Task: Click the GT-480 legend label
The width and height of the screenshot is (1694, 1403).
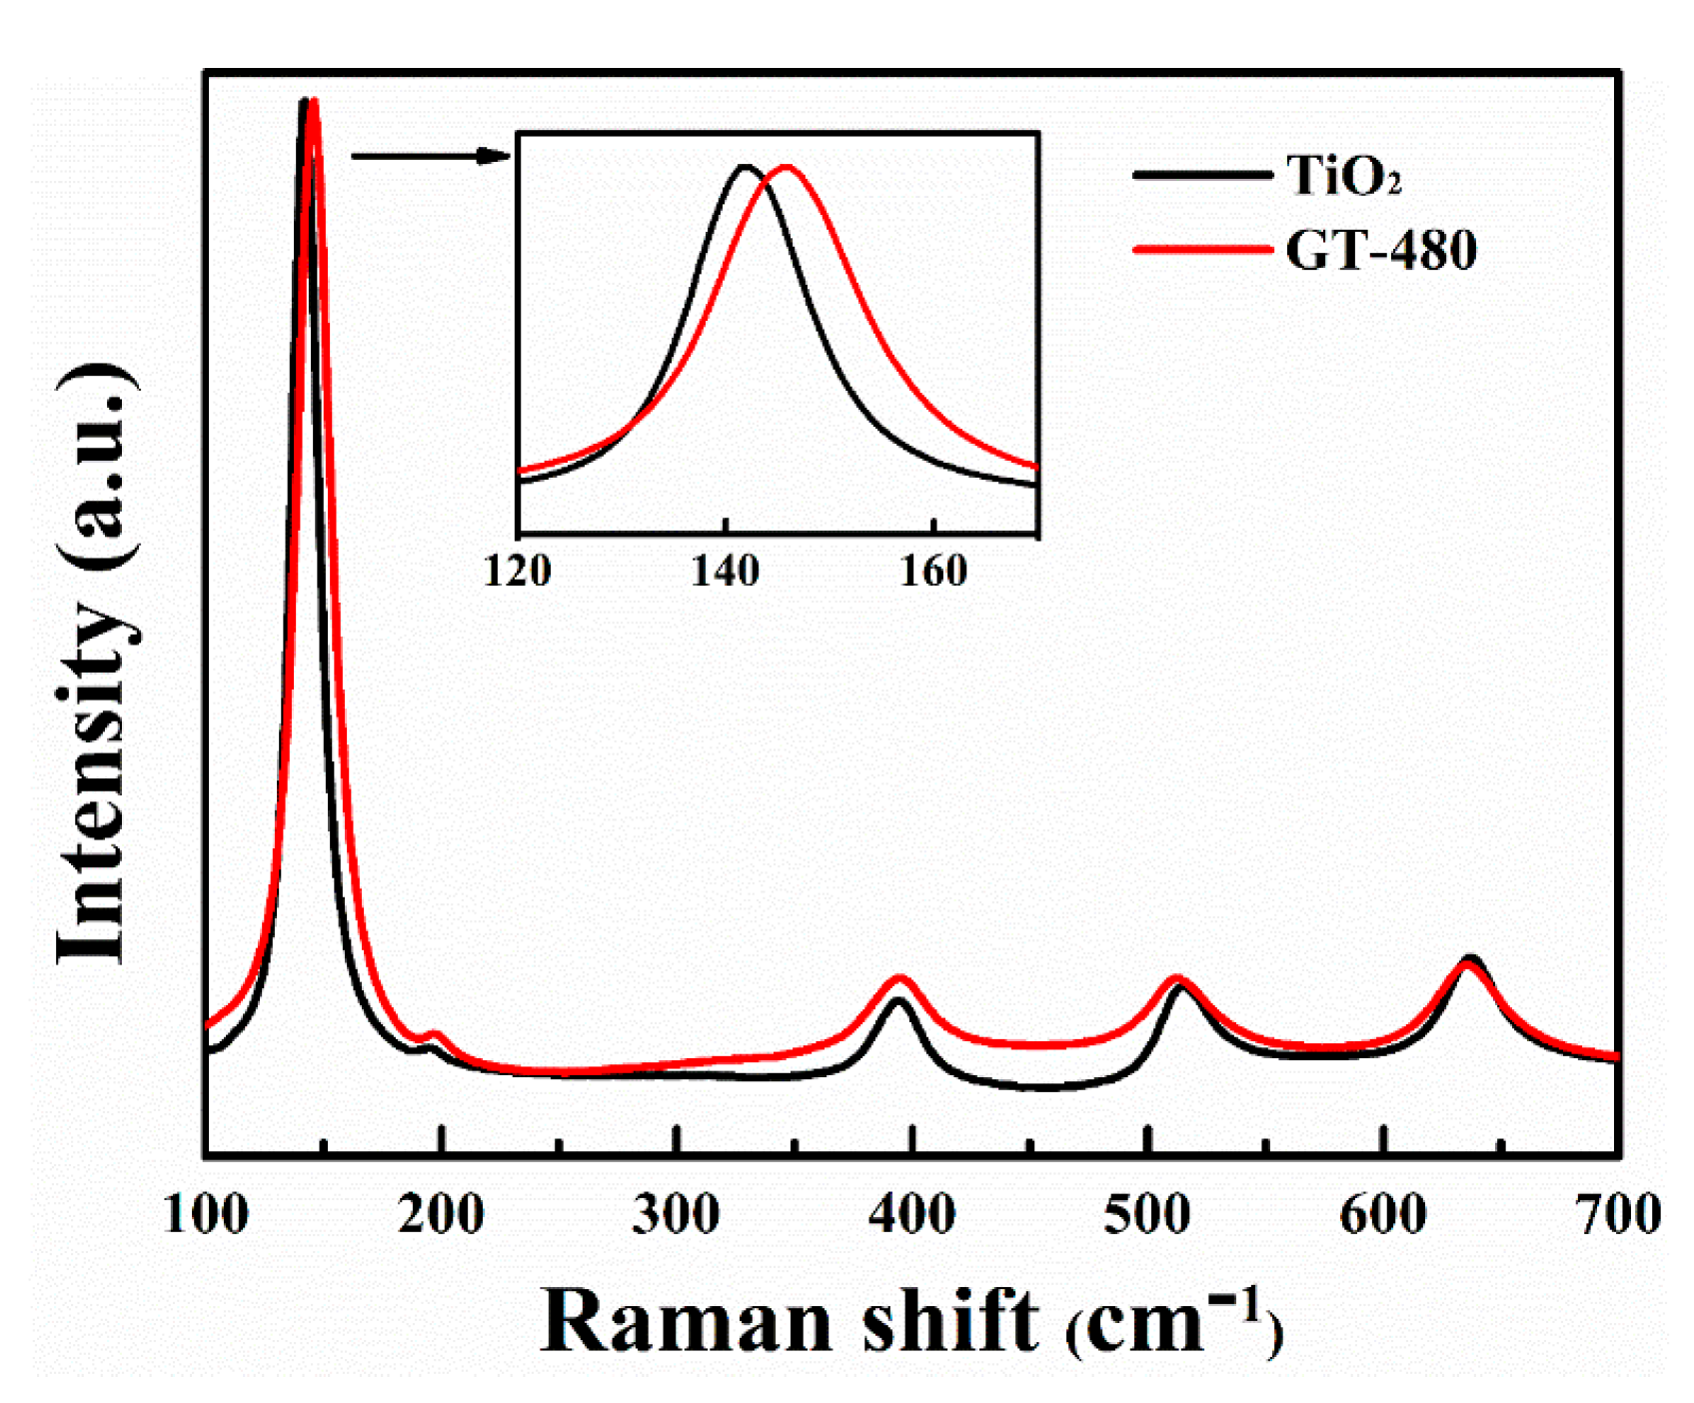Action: (x=1380, y=250)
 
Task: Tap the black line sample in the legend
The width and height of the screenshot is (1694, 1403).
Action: (x=1202, y=175)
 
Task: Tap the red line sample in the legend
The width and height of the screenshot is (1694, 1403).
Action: (x=1202, y=249)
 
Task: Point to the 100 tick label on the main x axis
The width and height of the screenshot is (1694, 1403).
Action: (x=206, y=1215)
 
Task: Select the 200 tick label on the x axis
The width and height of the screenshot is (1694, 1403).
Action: (x=441, y=1215)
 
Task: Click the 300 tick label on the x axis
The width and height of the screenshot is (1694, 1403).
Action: (x=677, y=1215)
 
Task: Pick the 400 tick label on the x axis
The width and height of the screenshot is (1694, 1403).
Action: (x=911, y=1215)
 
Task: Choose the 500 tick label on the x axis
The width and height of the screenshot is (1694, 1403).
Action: (x=1147, y=1215)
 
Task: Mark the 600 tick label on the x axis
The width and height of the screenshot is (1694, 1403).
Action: (x=1383, y=1215)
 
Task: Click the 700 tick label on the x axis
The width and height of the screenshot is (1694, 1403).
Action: (x=1617, y=1215)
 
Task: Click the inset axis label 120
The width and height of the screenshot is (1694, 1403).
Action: (x=518, y=571)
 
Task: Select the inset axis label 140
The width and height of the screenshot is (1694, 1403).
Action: (x=726, y=571)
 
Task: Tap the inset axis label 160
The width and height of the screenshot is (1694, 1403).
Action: (x=933, y=571)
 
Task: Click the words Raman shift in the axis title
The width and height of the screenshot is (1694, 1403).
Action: (x=790, y=1321)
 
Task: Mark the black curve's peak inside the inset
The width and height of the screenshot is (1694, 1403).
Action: (x=745, y=166)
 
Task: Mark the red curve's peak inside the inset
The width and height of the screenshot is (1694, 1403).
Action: (x=788, y=167)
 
